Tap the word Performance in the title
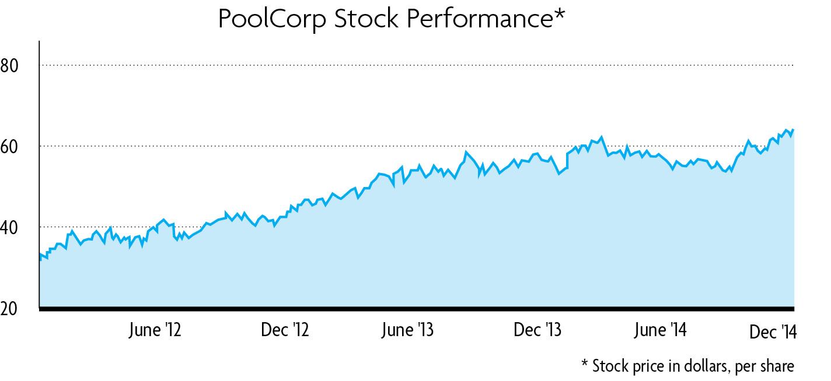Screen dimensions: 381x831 click(x=478, y=19)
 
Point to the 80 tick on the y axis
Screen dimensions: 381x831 click(x=10, y=65)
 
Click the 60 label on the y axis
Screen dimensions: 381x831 click(x=10, y=146)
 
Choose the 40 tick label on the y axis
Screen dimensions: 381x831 click(x=10, y=227)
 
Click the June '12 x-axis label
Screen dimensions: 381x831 click(x=154, y=330)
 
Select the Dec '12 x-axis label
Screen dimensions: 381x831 click(x=285, y=330)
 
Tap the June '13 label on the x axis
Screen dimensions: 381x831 click(x=407, y=330)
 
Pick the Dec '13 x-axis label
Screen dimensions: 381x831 click(x=537, y=330)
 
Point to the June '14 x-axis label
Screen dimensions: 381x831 click(x=660, y=330)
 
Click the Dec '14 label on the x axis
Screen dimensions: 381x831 click(x=773, y=331)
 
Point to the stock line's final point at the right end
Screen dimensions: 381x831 click(x=793, y=130)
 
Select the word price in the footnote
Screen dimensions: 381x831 click(x=646, y=366)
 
